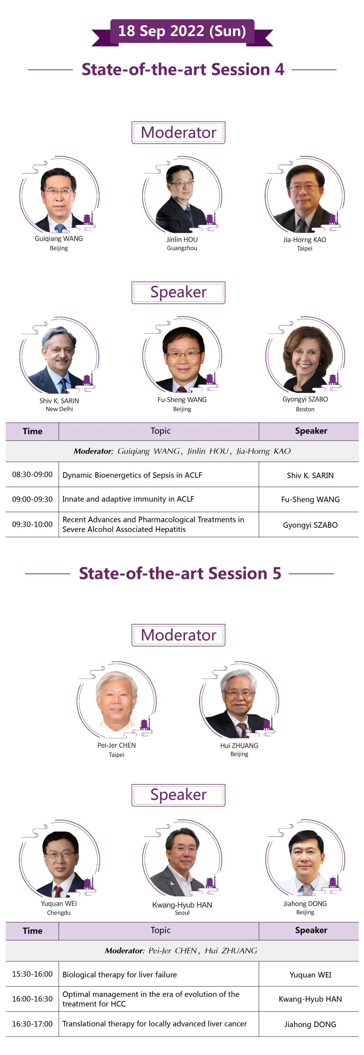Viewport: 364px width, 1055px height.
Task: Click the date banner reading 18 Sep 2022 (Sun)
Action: point(182,31)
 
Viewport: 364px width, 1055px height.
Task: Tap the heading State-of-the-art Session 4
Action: point(183,70)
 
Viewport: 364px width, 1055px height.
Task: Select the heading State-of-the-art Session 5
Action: point(180,573)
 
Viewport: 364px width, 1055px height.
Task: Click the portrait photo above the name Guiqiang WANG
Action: point(59,198)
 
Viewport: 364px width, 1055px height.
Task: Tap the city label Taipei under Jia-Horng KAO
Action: point(305,248)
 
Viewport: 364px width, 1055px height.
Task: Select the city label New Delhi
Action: point(59,409)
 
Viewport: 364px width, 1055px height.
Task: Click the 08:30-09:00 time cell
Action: point(32,475)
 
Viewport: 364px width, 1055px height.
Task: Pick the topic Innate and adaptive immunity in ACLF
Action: point(128,499)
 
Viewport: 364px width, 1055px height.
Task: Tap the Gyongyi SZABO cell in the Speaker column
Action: point(310,525)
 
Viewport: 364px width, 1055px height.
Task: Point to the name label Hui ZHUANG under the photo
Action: point(239,745)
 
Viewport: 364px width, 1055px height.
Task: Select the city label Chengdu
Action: point(59,913)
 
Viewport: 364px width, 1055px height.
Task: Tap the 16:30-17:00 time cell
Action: point(32,1024)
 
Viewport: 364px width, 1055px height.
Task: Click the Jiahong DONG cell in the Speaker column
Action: point(310,1024)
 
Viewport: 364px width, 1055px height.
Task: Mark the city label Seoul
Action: point(182,913)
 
